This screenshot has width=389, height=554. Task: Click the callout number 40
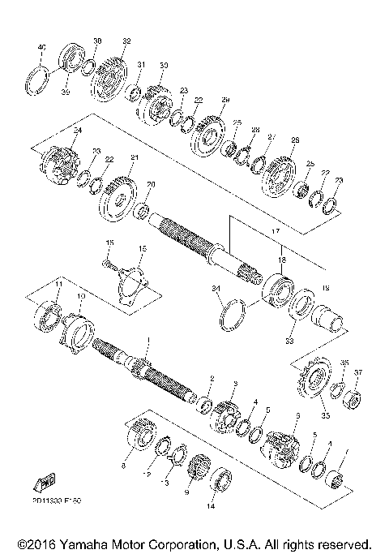(x=43, y=48)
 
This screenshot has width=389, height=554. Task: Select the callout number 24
(x=56, y=130)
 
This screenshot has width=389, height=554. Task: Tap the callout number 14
(x=211, y=507)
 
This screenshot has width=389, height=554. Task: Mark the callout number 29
(x=226, y=99)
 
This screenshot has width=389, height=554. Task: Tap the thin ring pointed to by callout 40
(x=37, y=80)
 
